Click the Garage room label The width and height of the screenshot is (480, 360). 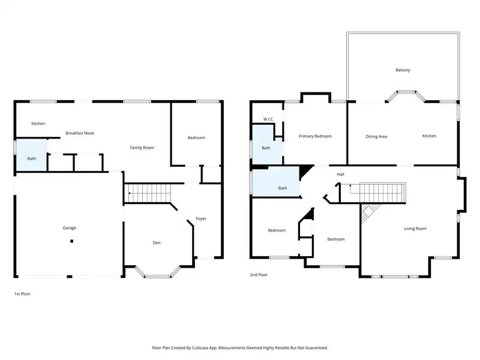pos(69,228)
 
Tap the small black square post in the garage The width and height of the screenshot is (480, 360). pos(71,241)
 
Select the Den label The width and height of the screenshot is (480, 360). pos(157,243)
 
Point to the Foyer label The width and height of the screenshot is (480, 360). pos(201,218)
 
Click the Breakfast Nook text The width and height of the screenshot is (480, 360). pos(80,133)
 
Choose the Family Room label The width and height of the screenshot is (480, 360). pos(142,148)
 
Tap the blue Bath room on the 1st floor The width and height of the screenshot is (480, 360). pos(32,155)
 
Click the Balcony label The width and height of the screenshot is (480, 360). pos(403,70)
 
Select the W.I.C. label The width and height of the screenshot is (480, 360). pos(268,119)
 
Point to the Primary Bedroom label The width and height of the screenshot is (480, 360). pos(315,136)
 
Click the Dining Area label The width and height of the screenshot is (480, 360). pos(376,137)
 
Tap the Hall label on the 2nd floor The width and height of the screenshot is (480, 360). pos(340,174)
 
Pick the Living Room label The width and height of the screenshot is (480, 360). pos(415,229)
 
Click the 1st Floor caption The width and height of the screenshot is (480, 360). pos(22,293)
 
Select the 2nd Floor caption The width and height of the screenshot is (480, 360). pos(259,275)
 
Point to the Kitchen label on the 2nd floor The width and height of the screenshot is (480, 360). pos(429,136)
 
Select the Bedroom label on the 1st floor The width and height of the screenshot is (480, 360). pos(196,138)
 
